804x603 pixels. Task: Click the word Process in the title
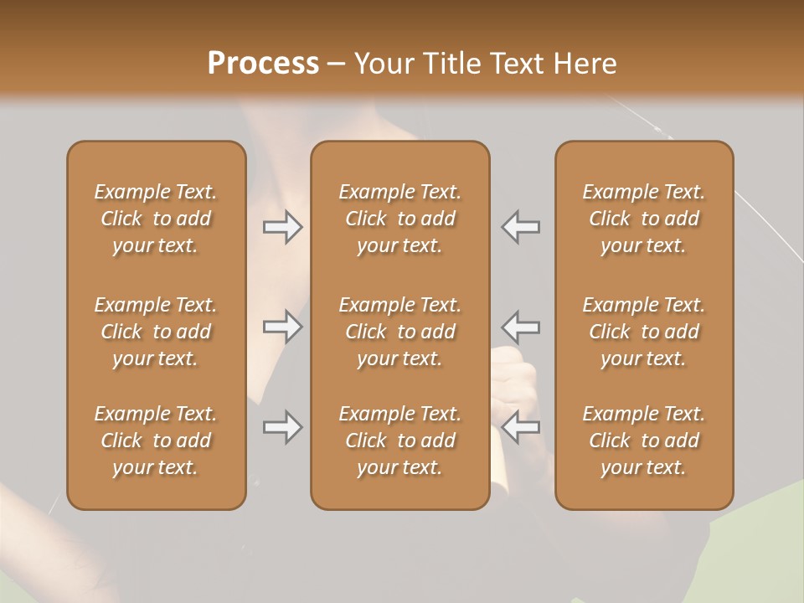(x=263, y=64)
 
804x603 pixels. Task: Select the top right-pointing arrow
(x=282, y=227)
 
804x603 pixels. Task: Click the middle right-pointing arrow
(x=282, y=326)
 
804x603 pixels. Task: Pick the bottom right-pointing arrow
(x=282, y=427)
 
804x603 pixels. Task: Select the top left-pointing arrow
(x=521, y=227)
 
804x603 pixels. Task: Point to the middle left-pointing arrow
(x=521, y=326)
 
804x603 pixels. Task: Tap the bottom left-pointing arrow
(x=521, y=427)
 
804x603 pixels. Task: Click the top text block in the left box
(x=156, y=219)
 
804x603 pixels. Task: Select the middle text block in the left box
(x=156, y=332)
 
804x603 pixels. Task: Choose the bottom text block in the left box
(x=156, y=441)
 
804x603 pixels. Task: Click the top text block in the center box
(x=399, y=219)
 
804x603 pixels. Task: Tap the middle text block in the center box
(x=399, y=332)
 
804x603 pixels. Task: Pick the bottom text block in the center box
(x=399, y=441)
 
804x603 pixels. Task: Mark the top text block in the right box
(x=643, y=219)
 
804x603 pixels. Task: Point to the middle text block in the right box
(x=643, y=332)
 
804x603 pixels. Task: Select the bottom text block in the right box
(x=643, y=441)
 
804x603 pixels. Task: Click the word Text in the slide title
(x=514, y=64)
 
